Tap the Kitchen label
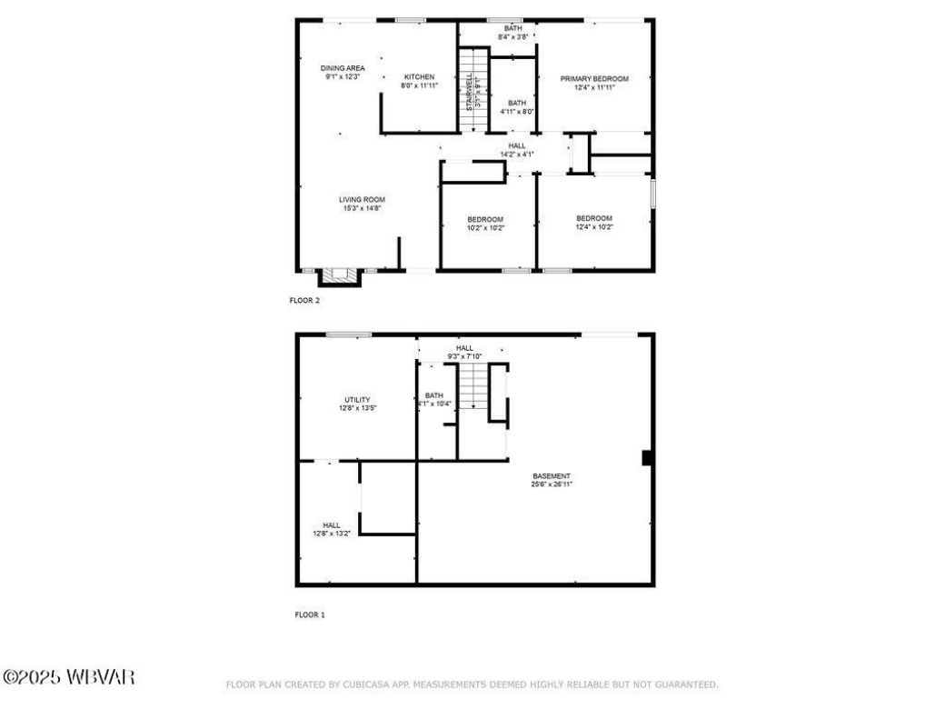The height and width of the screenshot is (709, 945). (419, 81)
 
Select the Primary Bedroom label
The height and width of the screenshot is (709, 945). (594, 83)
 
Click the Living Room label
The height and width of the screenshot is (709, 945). (362, 204)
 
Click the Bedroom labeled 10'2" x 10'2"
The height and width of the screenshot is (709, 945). (485, 224)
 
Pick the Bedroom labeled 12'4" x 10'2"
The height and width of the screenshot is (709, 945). (594, 222)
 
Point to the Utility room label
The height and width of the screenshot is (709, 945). (356, 404)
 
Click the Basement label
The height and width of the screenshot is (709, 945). (552, 480)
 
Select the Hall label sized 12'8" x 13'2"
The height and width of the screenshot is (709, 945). (332, 529)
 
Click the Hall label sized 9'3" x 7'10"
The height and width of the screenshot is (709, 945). (464, 352)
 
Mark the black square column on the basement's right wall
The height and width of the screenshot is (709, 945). (647, 458)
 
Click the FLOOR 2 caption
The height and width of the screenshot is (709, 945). (304, 300)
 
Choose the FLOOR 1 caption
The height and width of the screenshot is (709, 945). (309, 614)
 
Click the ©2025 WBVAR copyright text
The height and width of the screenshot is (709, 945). (68, 677)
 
